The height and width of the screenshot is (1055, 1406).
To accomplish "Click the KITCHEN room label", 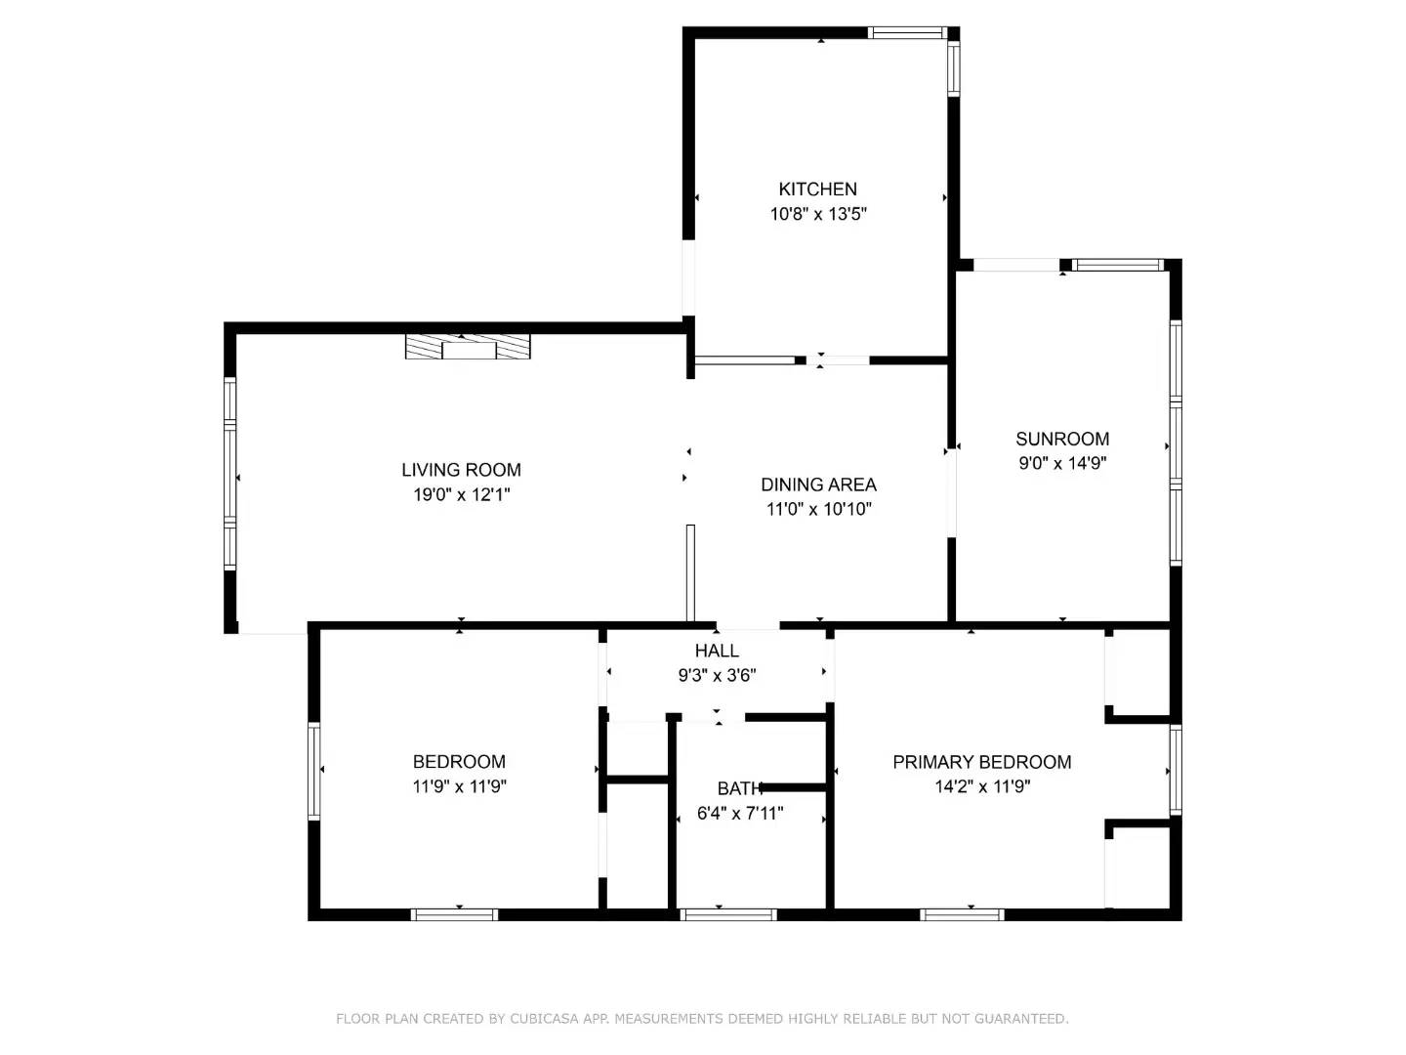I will [x=817, y=190].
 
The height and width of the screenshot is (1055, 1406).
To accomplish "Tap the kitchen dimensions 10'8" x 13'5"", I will [x=818, y=214].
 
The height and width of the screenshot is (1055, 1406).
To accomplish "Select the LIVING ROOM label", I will [x=461, y=470].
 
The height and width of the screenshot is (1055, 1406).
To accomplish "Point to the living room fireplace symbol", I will [x=469, y=347].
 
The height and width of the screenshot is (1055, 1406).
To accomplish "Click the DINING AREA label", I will [x=818, y=485].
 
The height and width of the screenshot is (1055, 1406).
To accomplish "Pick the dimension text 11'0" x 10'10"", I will [x=818, y=509].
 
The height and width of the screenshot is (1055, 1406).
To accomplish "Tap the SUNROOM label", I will [x=1062, y=439].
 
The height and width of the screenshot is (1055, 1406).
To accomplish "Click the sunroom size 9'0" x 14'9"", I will [x=1062, y=463].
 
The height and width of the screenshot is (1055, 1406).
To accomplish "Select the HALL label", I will [x=717, y=651].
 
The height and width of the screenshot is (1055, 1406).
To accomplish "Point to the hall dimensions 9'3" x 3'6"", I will [x=717, y=675].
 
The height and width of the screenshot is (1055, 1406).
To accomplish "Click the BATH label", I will [x=739, y=788].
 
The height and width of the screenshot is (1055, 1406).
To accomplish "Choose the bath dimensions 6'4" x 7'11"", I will [x=739, y=813].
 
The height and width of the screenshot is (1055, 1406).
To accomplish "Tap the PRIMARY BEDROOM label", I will [x=981, y=762].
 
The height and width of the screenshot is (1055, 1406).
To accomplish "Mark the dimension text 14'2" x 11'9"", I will [x=981, y=786].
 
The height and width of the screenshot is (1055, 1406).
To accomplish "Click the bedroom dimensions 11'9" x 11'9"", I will [x=459, y=786].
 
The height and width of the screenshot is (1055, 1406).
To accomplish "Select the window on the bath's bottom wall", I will [x=728, y=914].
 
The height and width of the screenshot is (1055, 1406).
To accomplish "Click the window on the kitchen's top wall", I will [x=907, y=33].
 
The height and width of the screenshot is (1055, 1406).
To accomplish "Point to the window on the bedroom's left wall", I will [x=314, y=770].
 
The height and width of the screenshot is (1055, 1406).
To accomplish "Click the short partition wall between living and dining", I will [x=690, y=573].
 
